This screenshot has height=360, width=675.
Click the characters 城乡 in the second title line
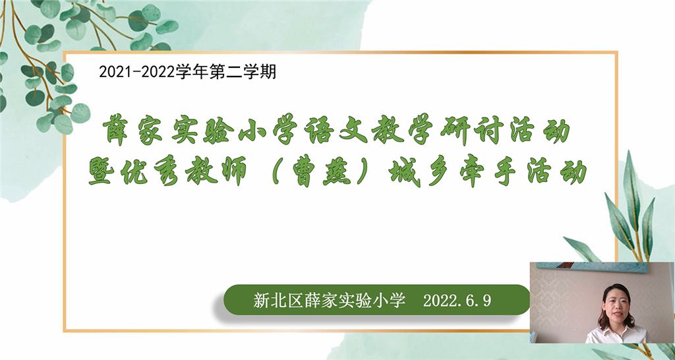tap(415, 172)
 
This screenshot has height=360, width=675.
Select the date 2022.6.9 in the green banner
tap(457, 301)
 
